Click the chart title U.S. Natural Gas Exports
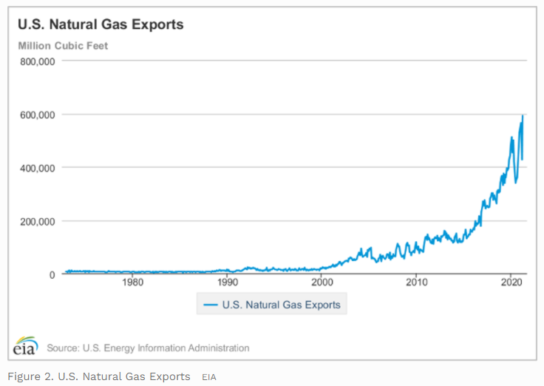101,24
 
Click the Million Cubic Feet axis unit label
63,46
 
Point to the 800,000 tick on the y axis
37,61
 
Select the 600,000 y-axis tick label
37,115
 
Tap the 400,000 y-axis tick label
37,168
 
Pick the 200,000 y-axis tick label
37,221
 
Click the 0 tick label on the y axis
52,274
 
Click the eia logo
26,346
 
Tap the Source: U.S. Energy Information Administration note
148,348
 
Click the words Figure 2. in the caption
27,376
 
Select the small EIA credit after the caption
208,377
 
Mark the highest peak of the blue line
523,115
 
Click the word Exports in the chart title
158,24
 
